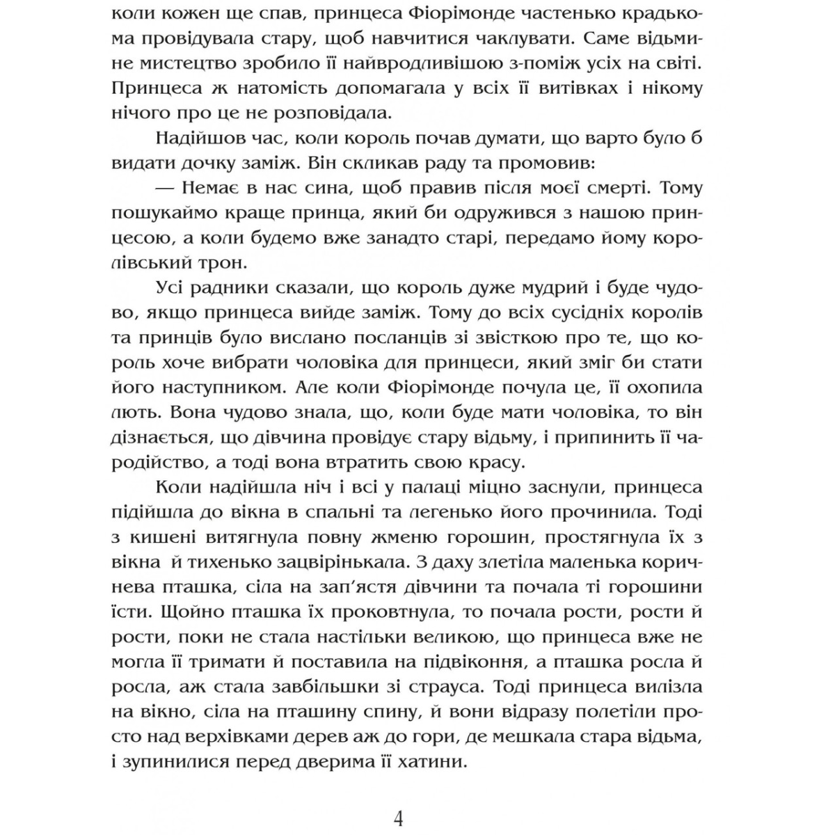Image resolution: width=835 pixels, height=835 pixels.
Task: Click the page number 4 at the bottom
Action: pyautogui.click(x=398, y=818)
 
